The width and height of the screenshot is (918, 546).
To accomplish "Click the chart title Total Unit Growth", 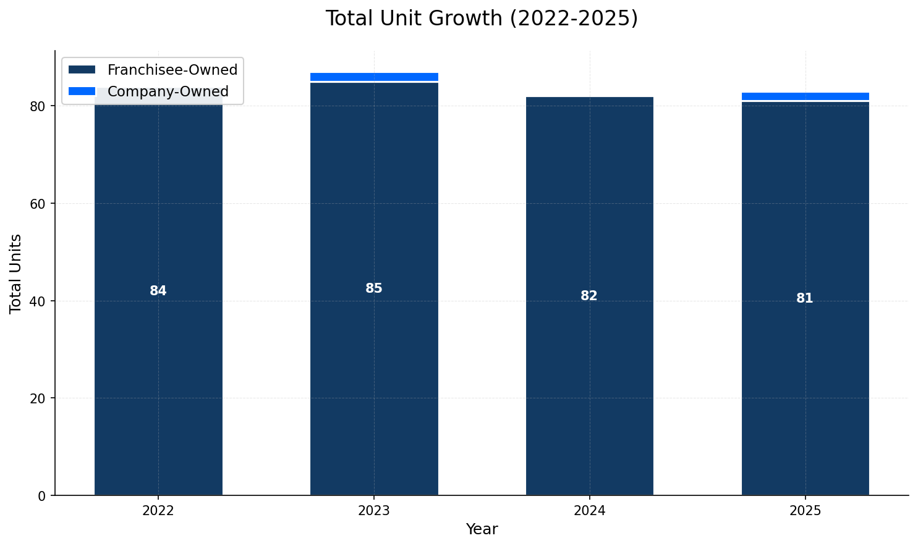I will (481, 19).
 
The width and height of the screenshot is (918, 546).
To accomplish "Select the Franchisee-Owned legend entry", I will (172, 70).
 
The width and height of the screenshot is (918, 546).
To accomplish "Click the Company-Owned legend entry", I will (168, 91).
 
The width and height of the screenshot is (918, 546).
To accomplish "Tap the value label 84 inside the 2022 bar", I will (158, 291).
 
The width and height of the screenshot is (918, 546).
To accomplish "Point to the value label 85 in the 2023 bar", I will (373, 288).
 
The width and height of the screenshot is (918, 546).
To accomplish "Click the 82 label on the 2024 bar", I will (589, 296).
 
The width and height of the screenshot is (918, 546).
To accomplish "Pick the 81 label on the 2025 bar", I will (804, 298).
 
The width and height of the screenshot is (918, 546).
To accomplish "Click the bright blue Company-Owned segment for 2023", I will (373, 77).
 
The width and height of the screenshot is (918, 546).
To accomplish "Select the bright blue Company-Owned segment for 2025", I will (804, 96).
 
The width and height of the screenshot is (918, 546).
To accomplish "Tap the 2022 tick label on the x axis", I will (158, 511).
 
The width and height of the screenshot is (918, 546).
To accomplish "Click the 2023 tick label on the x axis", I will (373, 511).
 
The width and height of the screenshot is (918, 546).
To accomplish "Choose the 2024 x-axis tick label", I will (589, 511).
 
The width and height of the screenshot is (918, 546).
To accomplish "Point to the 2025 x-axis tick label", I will (804, 511).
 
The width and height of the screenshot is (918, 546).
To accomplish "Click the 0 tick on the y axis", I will (42, 495).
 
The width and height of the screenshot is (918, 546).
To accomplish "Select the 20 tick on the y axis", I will (38, 398).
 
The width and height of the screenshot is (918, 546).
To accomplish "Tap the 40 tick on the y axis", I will (38, 301).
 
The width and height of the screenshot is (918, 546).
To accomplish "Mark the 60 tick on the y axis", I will (38, 204).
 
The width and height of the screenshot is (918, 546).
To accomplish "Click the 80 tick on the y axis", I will (38, 106).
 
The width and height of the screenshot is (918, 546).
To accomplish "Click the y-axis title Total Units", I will (16, 274).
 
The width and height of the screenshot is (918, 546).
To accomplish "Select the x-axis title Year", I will (481, 529).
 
